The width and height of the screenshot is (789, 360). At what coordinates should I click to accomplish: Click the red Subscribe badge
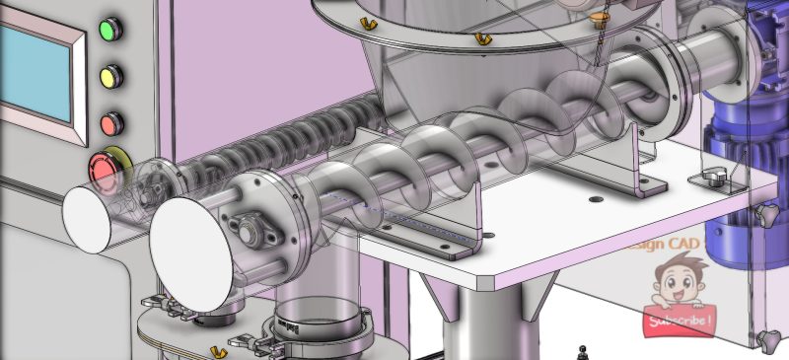click(x=678, y=321)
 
